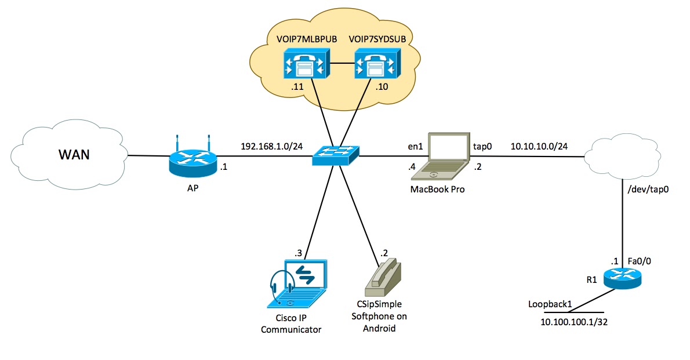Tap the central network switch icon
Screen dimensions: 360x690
coord(335,155)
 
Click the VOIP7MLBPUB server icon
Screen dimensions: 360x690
coord(306,64)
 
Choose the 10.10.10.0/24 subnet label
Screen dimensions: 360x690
coord(539,146)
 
